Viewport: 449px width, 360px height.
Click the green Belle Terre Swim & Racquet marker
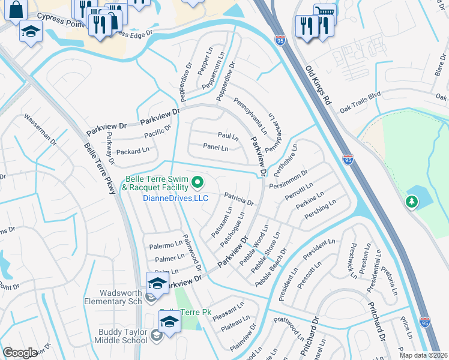[197, 181]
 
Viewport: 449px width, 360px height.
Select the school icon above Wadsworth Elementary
[157, 283]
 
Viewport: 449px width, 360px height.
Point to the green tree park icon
[412, 202]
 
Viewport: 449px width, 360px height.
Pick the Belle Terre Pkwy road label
[99, 171]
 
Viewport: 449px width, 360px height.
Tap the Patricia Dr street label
[240, 198]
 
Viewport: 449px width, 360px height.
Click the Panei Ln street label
[215, 148]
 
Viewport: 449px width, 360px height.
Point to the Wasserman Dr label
[40, 129]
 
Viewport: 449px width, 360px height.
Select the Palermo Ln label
[166, 245]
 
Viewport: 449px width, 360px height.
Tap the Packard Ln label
[132, 151]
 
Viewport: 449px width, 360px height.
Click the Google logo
[20, 353]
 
